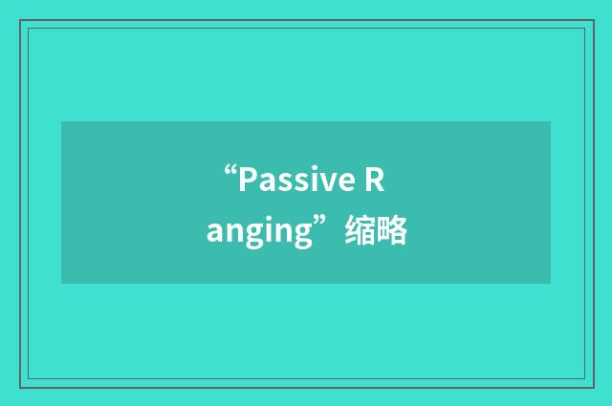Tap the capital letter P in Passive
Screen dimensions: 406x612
click(247, 180)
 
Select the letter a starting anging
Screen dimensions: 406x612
click(215, 233)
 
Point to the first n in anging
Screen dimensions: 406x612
click(233, 233)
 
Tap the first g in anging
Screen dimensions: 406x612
click(251, 236)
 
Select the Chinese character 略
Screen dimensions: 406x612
click(392, 231)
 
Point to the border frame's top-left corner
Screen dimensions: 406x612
click(20, 19)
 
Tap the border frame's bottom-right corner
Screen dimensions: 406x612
click(593, 387)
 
